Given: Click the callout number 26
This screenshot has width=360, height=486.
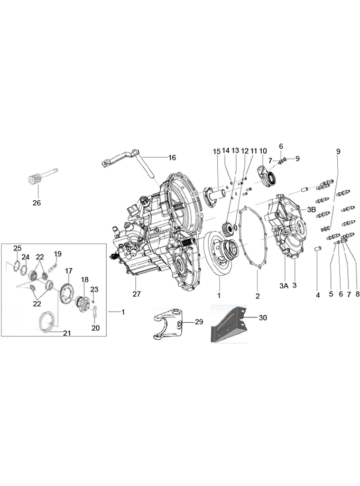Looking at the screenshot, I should pyautogui.click(x=36, y=202).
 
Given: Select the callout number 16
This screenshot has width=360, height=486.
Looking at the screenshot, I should pyautogui.click(x=172, y=157).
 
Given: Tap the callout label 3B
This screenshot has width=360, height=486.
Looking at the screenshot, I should pyautogui.click(x=311, y=209).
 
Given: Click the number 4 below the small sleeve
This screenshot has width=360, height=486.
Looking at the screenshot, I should pyautogui.click(x=318, y=295).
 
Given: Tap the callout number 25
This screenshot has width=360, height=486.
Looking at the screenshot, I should pyautogui.click(x=17, y=248).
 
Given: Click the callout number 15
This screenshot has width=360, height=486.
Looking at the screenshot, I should pyautogui.click(x=216, y=152).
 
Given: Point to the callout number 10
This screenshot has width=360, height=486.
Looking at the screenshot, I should pyautogui.click(x=263, y=151).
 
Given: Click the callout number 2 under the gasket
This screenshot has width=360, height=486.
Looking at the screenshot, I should pyautogui.click(x=257, y=295).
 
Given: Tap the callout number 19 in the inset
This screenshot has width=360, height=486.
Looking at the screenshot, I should pyautogui.click(x=58, y=254).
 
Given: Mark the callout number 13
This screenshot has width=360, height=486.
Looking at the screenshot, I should pyautogui.click(x=235, y=151).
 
